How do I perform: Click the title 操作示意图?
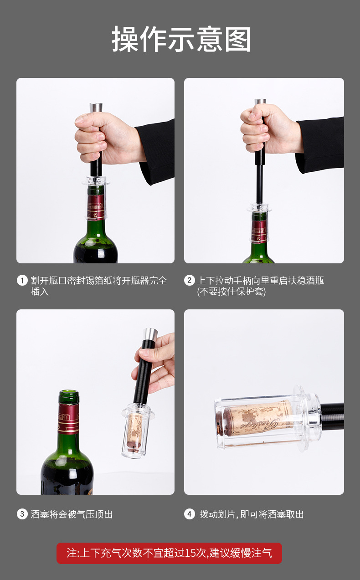click(x=181, y=39)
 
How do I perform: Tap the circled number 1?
click(x=22, y=280)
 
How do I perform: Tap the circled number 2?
click(x=190, y=280)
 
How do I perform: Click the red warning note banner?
click(x=169, y=553)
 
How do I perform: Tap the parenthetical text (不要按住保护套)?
click(x=231, y=292)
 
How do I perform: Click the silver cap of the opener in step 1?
click(x=96, y=108)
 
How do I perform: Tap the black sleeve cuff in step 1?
click(x=155, y=151)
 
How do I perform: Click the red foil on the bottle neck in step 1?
click(x=96, y=207)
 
